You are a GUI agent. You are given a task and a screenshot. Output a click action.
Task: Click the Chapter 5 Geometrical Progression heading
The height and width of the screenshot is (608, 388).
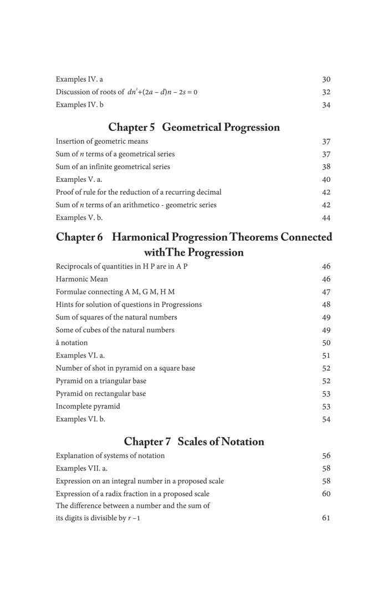pos(194,128)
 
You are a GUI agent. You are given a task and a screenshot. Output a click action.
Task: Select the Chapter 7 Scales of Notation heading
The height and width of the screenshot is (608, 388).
pos(194,442)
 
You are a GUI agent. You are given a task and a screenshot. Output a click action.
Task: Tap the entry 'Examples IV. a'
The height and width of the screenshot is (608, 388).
pos(79,79)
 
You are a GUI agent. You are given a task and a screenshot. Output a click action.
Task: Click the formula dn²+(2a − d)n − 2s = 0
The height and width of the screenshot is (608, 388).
pos(162,92)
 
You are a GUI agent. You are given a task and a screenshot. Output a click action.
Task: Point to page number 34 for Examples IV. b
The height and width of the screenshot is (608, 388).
pos(326,105)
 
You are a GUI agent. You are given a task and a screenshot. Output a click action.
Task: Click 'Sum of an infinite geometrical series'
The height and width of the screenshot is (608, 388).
pos(113,166)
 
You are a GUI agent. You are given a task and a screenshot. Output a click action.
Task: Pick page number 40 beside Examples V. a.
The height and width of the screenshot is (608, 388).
pos(326,180)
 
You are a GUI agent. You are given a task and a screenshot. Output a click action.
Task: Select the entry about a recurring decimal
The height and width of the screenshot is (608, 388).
pos(139,192)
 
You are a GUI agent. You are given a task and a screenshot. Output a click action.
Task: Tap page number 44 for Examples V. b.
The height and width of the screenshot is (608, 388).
pos(326,218)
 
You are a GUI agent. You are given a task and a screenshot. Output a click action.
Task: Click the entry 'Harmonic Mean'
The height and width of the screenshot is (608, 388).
pos(82,279)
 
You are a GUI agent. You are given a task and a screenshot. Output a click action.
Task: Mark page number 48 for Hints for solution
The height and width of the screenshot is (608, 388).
pos(326,305)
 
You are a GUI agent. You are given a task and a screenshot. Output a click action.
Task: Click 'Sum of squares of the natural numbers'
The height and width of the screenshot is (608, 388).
pos(116,317)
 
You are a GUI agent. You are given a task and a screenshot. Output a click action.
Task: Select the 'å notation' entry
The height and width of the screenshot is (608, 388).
pos(72,343)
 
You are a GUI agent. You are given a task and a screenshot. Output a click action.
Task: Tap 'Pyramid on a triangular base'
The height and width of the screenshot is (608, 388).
pos(101,381)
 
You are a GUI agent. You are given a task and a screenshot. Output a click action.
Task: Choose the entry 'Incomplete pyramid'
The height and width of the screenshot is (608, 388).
pos(88,406)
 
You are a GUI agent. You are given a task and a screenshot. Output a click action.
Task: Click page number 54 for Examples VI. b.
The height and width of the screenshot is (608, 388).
pos(326,419)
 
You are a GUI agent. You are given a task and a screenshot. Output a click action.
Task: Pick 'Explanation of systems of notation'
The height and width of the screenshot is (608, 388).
pos(110,455)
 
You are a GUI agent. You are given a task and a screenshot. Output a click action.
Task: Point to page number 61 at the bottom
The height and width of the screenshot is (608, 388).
pos(326,518)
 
